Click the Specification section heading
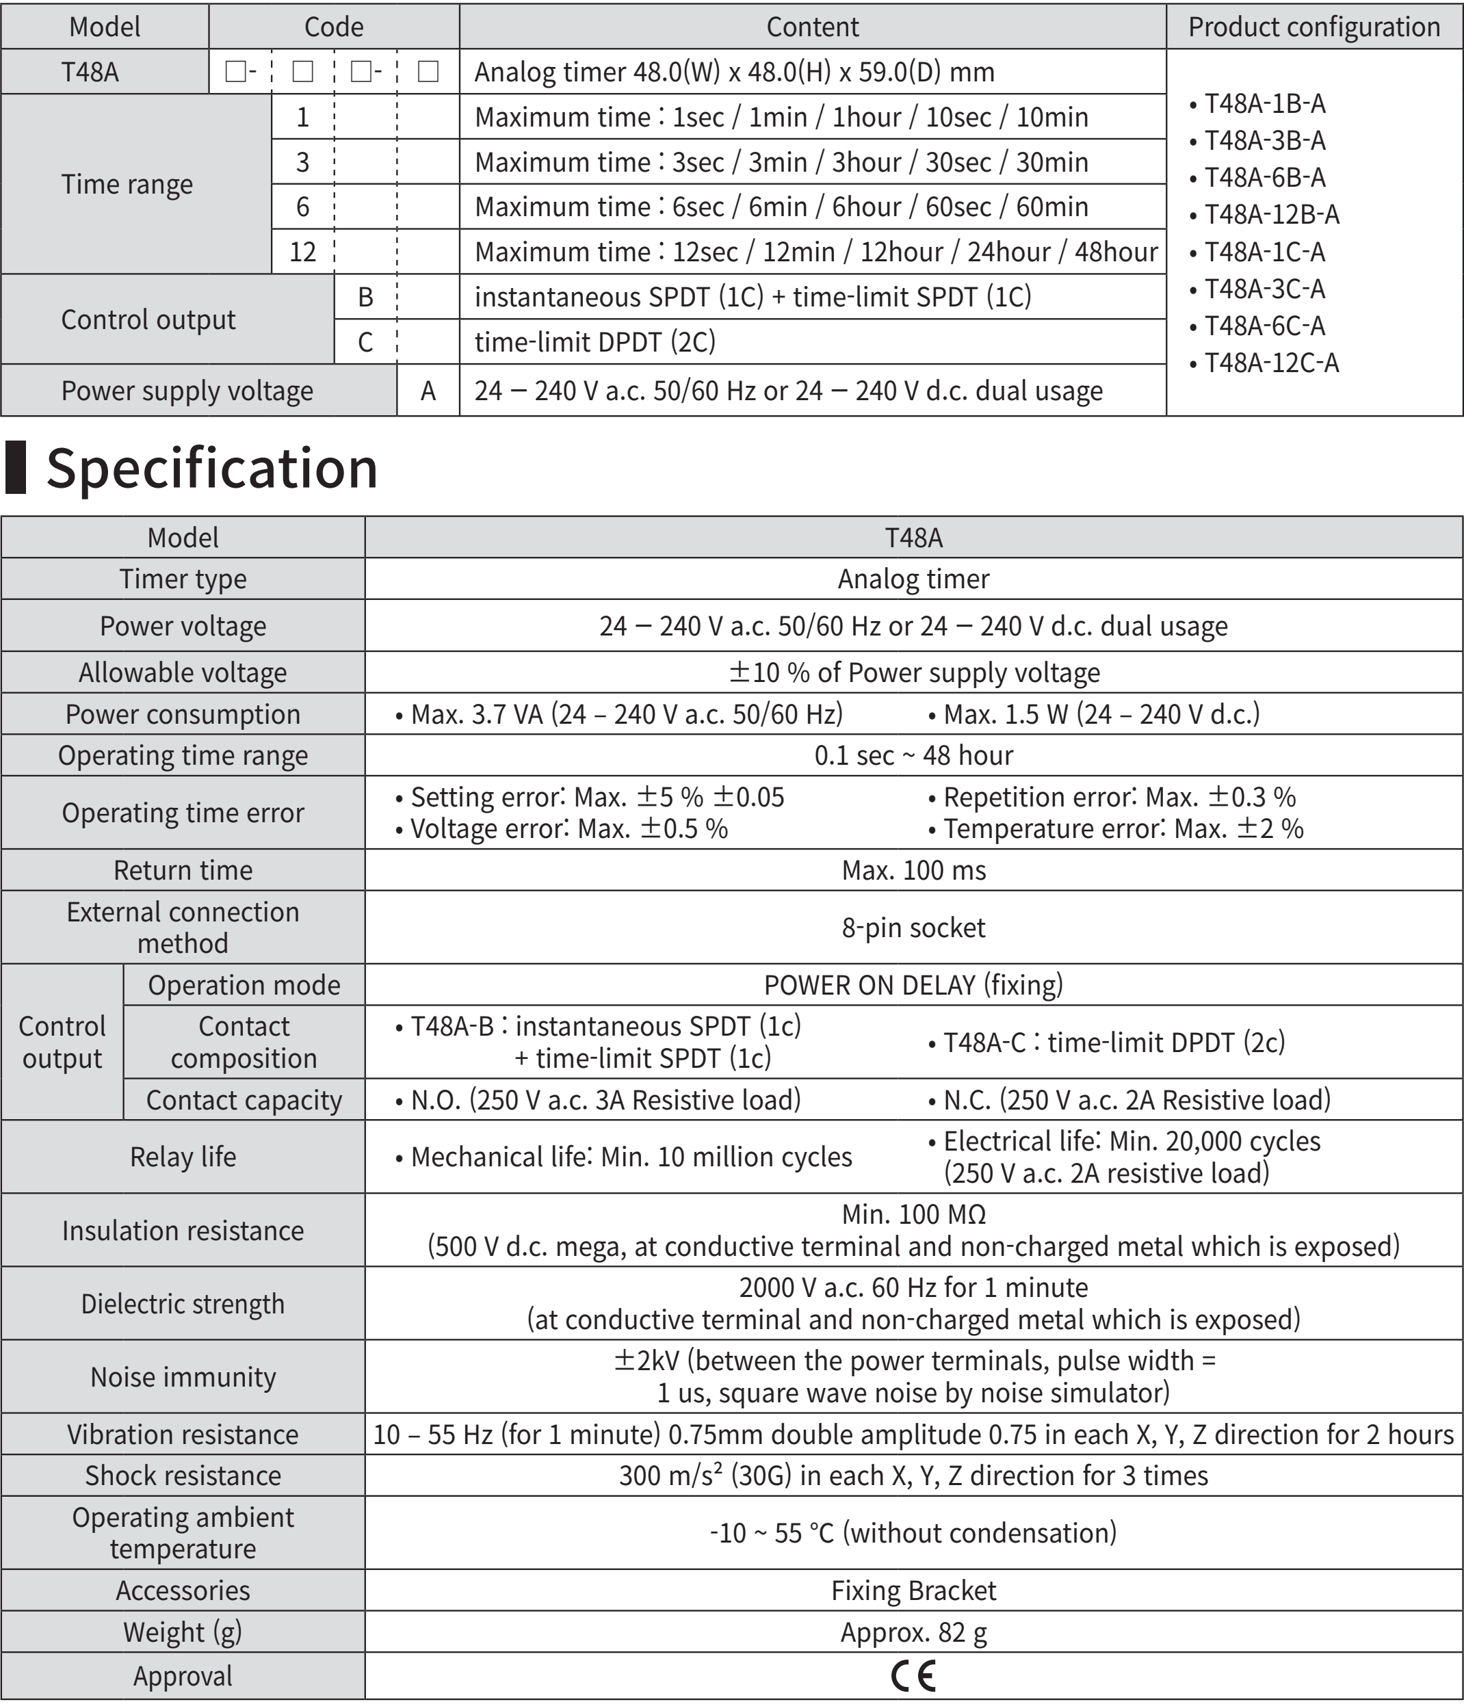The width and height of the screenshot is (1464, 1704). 211,468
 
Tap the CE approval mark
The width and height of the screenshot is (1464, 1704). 913,1676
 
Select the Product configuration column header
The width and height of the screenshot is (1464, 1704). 1313,27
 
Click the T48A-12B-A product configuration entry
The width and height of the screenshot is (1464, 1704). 1270,215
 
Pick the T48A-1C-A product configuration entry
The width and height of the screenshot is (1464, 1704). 1264,252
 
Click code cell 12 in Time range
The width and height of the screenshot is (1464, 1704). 302,252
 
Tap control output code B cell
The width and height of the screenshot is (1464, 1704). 365,297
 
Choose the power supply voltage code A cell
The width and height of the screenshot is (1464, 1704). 428,391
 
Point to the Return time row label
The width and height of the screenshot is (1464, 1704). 183,870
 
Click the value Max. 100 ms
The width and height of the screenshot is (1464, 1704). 913,870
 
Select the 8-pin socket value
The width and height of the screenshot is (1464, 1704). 913,928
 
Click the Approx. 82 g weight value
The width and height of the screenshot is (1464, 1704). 913,1631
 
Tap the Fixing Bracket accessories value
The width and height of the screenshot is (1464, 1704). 913,1590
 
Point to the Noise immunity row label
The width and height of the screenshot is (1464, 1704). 183,1377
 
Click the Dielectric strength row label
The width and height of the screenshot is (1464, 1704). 183,1304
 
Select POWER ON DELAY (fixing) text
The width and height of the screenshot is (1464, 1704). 913,984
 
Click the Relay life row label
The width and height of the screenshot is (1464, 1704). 183,1157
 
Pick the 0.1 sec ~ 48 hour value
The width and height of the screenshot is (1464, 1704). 913,755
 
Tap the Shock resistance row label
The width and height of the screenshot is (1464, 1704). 183,1476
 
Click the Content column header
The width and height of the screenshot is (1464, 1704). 812,27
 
